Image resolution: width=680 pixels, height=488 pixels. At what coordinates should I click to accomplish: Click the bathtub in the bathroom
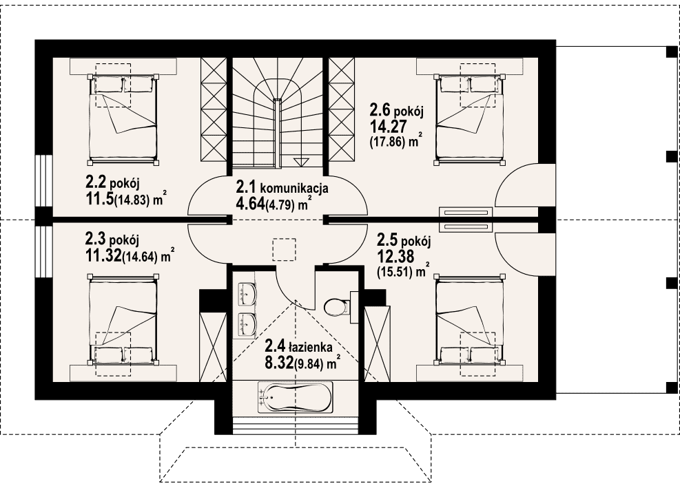(296, 397)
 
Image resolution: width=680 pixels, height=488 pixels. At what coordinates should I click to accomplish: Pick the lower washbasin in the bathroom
(247, 323)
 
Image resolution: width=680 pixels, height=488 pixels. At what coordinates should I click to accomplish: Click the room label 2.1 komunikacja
(282, 188)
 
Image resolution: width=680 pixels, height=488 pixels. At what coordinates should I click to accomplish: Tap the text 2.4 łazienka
(298, 347)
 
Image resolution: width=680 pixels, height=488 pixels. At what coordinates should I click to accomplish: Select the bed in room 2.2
(123, 119)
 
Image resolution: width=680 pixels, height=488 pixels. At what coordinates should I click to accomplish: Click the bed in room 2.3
(123, 319)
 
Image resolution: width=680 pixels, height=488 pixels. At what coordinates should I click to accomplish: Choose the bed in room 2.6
(470, 119)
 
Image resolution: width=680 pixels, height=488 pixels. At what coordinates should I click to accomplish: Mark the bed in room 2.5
(470, 319)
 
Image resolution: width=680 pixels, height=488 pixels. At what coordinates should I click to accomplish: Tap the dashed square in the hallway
(284, 249)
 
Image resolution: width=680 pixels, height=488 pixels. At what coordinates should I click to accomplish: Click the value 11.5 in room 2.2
(100, 199)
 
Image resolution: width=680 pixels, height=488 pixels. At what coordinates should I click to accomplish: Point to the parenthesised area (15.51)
(394, 272)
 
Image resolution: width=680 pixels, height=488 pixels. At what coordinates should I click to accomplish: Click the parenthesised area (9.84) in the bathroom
(309, 364)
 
